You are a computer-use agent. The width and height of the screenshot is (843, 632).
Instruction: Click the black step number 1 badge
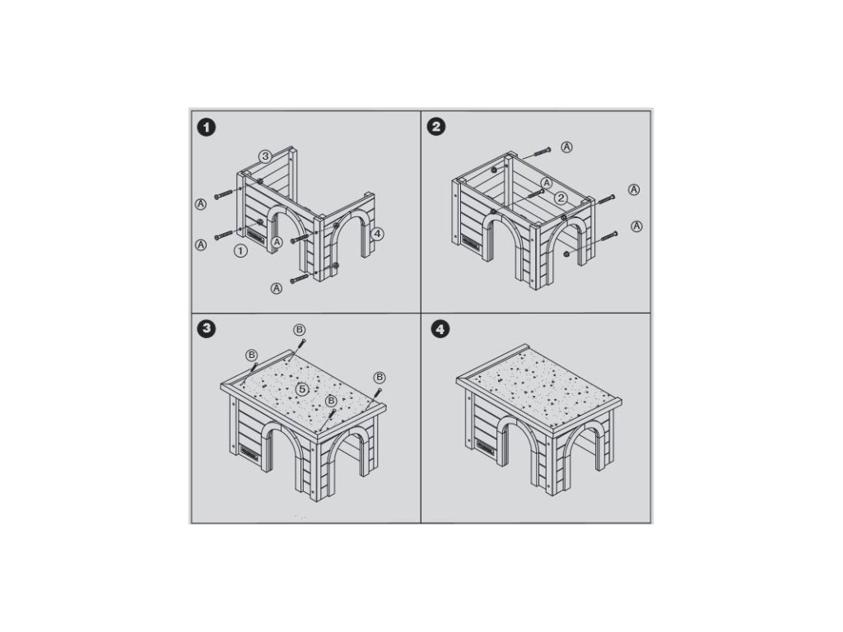[x=207, y=128]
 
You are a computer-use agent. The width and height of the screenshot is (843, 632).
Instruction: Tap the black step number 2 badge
[x=435, y=127]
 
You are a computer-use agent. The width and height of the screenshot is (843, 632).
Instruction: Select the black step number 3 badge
[x=207, y=329]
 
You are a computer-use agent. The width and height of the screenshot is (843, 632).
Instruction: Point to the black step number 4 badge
[x=441, y=329]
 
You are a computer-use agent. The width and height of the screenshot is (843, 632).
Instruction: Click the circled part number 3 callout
[x=265, y=156]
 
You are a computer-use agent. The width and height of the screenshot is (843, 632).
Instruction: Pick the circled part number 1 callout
[x=241, y=250]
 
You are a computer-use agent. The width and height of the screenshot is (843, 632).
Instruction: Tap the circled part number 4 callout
[x=377, y=234]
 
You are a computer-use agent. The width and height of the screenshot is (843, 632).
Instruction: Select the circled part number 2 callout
[x=561, y=198]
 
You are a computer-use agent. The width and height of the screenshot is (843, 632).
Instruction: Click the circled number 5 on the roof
[x=302, y=389]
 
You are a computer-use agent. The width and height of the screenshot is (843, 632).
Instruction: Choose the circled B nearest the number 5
[x=331, y=401]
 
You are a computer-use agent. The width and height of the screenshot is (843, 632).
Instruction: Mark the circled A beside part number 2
[x=547, y=184]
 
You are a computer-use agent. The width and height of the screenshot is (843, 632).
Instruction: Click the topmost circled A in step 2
[x=566, y=147]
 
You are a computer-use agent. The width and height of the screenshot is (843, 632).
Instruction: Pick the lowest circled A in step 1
[x=277, y=289]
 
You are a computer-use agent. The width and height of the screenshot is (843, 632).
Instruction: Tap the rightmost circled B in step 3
[x=379, y=377]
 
